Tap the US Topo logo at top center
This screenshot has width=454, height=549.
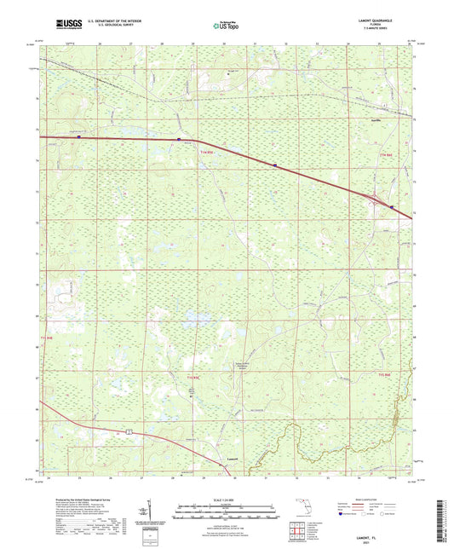227,26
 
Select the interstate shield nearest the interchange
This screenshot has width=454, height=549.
392,206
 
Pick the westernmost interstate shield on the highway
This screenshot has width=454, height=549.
78,136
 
